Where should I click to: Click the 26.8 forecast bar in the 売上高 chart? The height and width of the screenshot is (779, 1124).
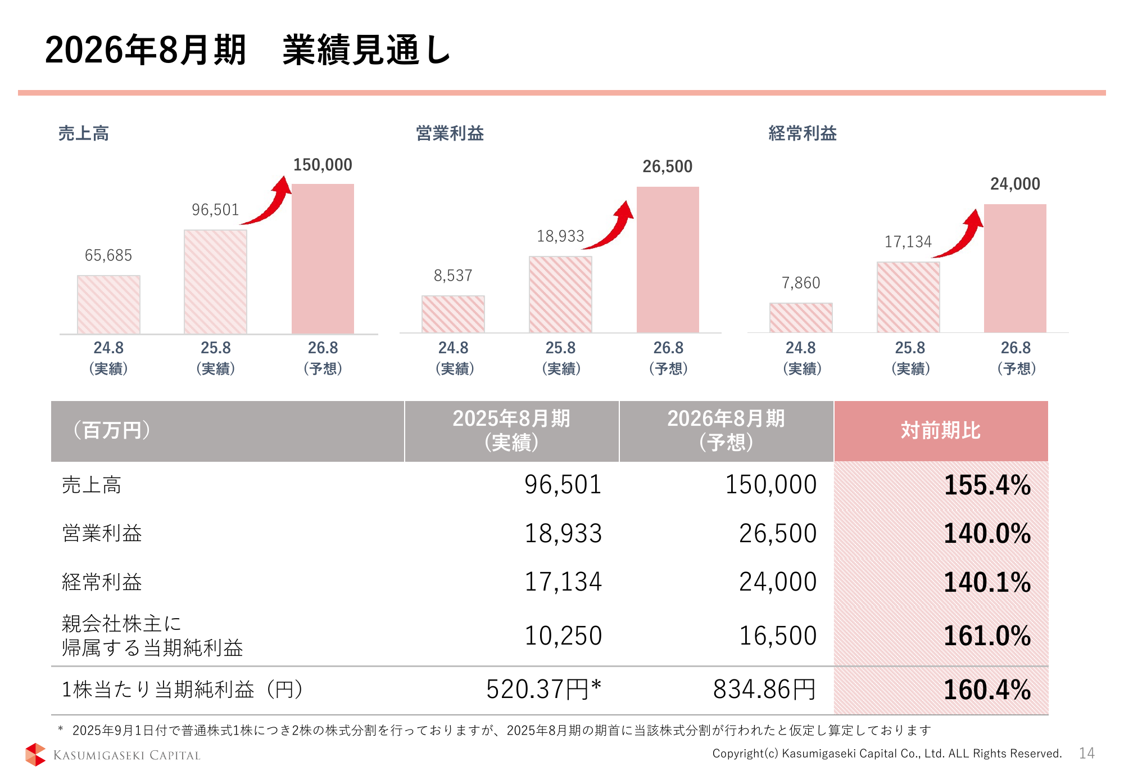[323, 259]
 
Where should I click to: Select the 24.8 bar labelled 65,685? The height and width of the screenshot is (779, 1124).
[108, 304]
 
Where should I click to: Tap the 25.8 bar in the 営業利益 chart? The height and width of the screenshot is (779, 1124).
[560, 294]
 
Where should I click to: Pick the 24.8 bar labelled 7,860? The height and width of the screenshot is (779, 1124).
[801, 318]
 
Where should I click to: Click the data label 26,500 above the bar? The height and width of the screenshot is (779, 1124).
[667, 166]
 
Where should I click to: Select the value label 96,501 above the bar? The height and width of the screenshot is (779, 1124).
[215, 210]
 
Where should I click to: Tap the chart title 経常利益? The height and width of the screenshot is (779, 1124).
[803, 133]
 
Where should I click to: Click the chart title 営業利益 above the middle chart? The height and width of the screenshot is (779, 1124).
[450, 133]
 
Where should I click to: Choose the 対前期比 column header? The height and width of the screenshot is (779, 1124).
[941, 431]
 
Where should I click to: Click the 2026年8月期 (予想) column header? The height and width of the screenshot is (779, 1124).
[726, 431]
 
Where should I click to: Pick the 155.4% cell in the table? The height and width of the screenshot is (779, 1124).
[987, 485]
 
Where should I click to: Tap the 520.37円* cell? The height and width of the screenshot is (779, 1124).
[543, 689]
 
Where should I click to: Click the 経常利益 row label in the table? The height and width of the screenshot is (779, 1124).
[102, 582]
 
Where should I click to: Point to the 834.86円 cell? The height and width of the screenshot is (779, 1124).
[764, 689]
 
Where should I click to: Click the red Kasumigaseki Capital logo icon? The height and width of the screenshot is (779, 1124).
[35, 754]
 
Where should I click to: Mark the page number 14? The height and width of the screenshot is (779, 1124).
[1086, 753]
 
